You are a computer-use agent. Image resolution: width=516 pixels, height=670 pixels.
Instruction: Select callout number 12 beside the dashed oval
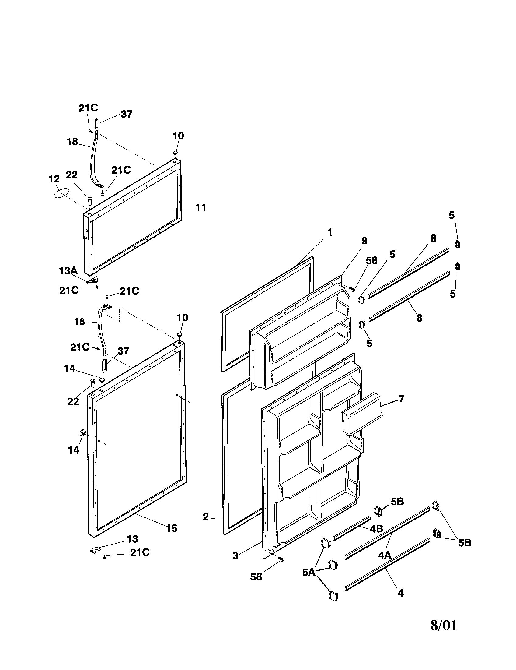point(54,179)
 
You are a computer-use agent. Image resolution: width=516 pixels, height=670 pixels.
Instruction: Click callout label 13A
point(68,271)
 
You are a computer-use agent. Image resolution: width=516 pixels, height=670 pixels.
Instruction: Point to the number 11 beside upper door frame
point(201,208)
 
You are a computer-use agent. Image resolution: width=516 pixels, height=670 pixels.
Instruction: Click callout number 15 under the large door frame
point(171,528)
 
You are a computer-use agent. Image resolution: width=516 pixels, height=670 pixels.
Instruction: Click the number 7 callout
point(401,399)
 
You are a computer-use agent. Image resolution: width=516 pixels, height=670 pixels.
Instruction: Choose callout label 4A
point(385,555)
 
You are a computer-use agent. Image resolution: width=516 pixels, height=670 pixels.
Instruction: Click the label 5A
point(309,572)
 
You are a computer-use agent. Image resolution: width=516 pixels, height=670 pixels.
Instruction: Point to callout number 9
point(364,241)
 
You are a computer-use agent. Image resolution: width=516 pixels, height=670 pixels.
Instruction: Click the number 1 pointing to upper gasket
point(330,233)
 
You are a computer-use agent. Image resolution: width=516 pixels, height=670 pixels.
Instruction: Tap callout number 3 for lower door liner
point(235,556)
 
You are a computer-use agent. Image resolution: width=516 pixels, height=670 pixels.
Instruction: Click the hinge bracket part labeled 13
point(96,550)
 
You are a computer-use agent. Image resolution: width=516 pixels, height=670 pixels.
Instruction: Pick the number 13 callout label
point(132,539)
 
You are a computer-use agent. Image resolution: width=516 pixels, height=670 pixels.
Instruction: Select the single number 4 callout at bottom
point(400,593)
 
